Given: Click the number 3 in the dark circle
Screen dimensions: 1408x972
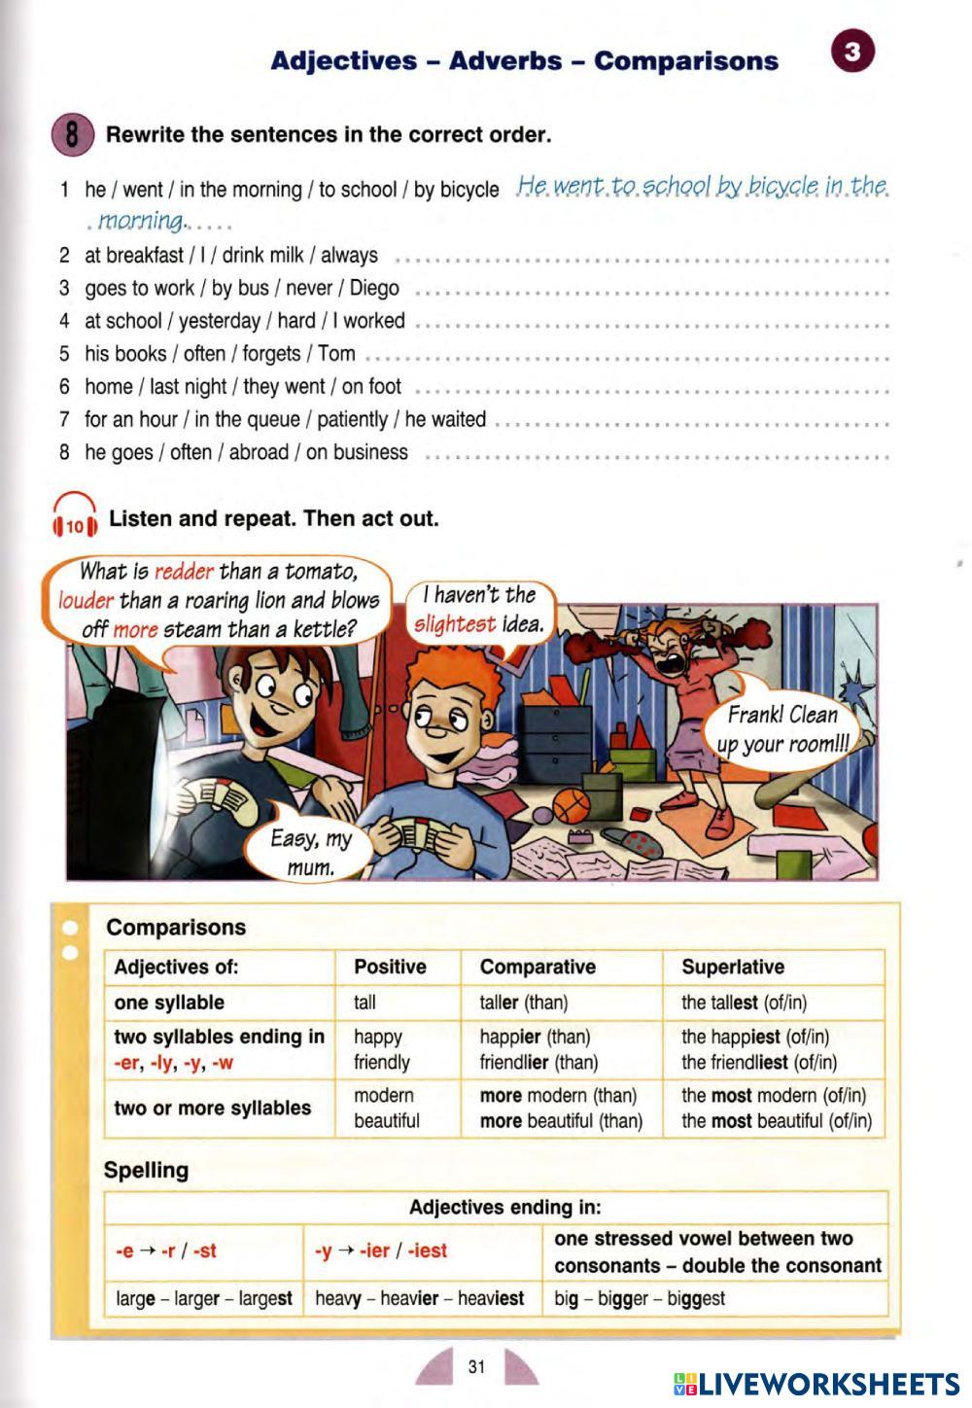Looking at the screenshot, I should tap(852, 52).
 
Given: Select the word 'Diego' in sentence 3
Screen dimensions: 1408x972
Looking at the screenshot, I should tap(374, 288).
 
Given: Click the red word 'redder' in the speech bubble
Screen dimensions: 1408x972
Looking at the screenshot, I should tap(184, 571).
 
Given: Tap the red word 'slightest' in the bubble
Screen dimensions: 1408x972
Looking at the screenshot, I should tap(454, 624).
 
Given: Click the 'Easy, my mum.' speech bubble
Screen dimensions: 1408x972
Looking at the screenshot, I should tap(311, 850).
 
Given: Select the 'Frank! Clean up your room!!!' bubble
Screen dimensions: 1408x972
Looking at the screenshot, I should tap(782, 729).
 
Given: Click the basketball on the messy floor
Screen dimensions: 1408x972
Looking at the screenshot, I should tap(572, 806).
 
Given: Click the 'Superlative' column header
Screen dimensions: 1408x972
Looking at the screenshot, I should tap(732, 967).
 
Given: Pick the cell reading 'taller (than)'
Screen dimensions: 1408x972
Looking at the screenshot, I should tap(523, 1003).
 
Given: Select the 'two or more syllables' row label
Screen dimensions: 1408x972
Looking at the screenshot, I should tap(212, 1108).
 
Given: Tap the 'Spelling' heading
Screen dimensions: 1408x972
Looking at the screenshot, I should tap(146, 1170).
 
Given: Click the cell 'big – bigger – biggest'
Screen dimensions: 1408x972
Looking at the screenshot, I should tap(639, 1298).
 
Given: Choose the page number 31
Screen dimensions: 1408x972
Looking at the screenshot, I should tap(476, 1366).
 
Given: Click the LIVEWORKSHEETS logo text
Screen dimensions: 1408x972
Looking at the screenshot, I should tap(827, 1384).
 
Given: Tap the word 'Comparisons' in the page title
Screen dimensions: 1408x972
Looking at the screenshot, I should tap(685, 61).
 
